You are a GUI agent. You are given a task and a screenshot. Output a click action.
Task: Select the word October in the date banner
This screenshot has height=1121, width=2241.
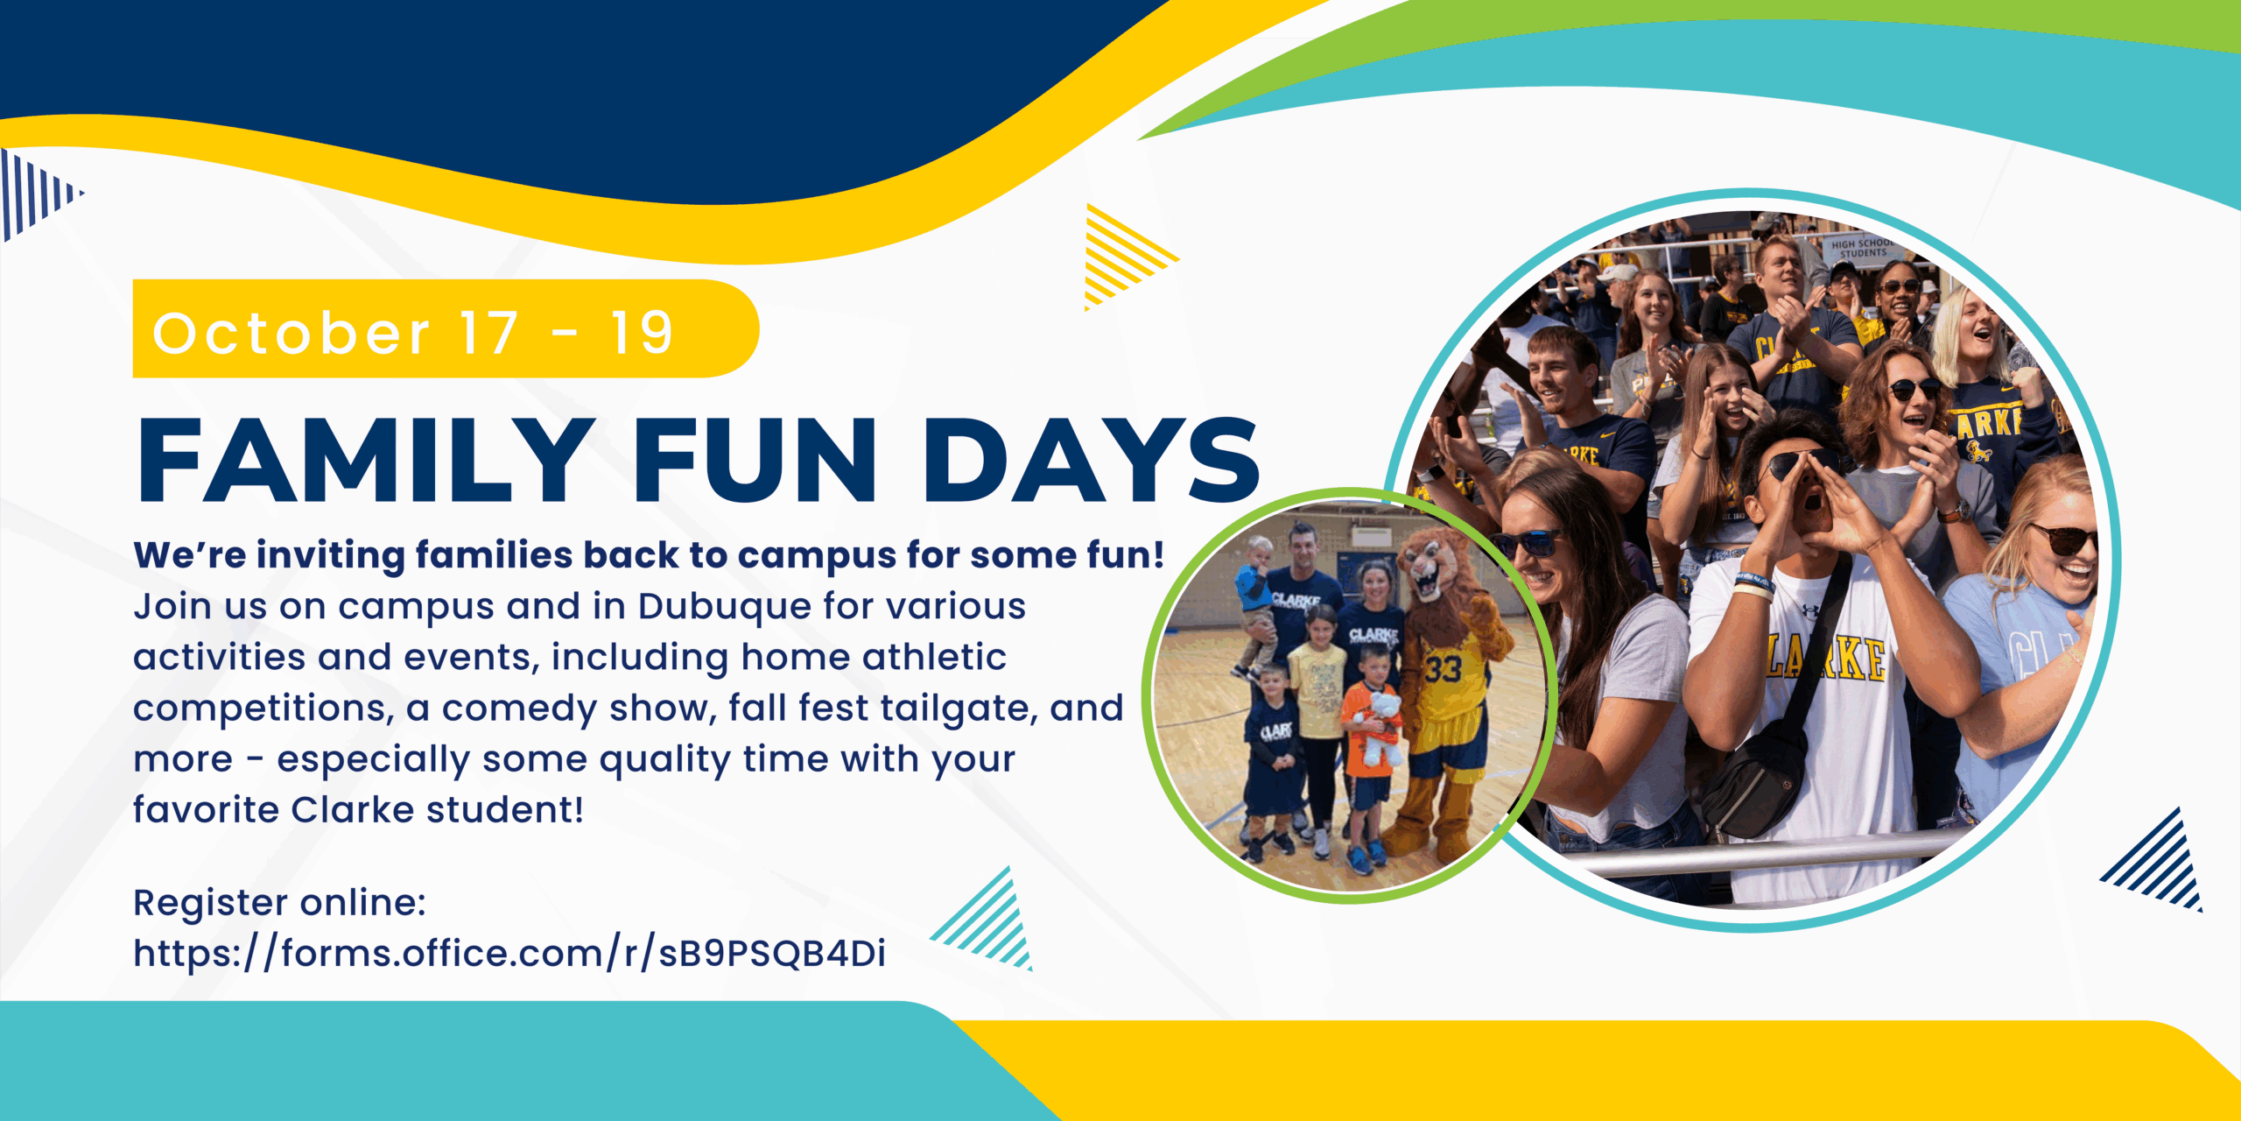click(292, 334)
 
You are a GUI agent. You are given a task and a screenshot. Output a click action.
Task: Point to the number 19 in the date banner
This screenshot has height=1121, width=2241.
click(642, 334)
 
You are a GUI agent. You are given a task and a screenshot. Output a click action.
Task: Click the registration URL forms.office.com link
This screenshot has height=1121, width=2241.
click(509, 953)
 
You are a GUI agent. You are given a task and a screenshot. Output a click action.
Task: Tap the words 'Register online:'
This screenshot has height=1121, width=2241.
click(279, 902)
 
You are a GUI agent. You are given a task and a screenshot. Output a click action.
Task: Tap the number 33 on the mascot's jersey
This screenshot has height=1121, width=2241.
click(1443, 669)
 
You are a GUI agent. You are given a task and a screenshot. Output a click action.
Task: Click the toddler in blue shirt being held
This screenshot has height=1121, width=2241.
click(1255, 596)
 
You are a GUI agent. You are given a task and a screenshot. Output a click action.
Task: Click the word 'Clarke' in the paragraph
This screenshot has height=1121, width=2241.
click(352, 810)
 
